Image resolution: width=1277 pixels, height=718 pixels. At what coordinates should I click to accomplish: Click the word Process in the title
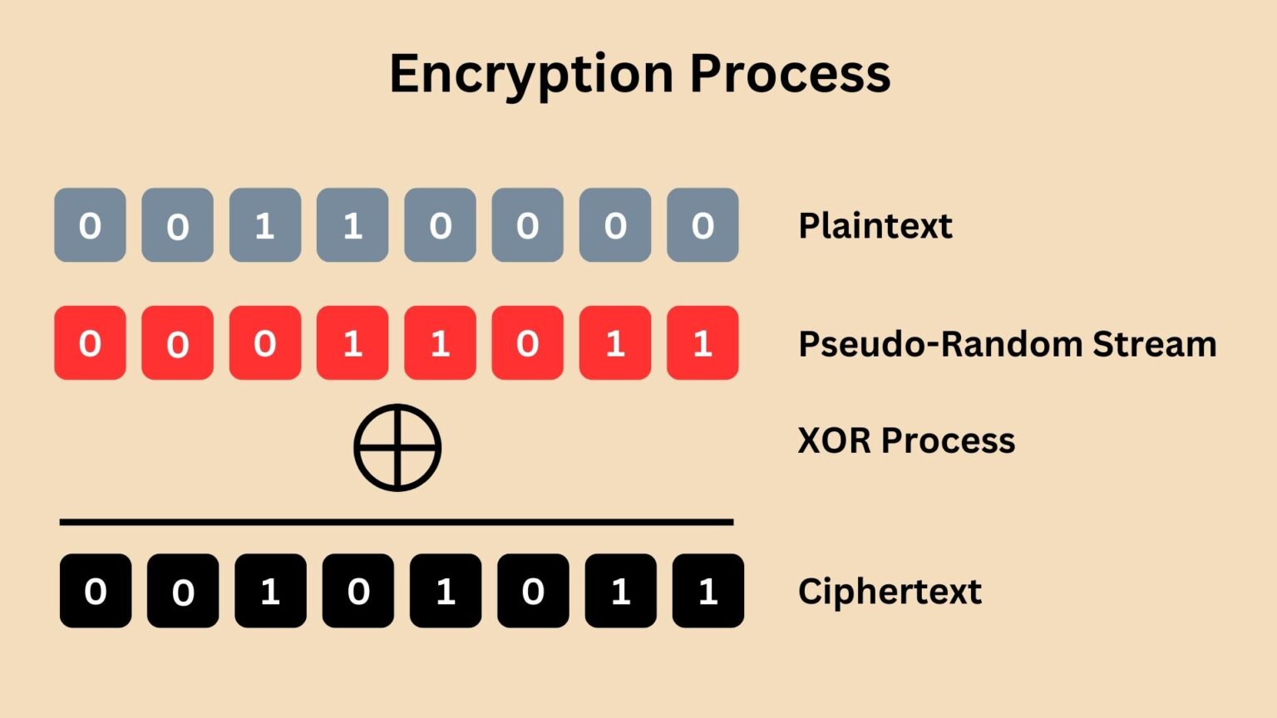(790, 75)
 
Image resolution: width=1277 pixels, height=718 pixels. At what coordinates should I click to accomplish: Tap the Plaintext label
(875, 226)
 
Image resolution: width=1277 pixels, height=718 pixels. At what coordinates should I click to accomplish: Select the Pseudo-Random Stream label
(1007, 344)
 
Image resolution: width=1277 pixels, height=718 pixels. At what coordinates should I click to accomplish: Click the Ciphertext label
(890, 592)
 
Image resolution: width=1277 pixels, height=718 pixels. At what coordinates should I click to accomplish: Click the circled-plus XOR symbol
(397, 447)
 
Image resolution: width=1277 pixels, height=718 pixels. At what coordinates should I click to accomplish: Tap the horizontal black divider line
(396, 522)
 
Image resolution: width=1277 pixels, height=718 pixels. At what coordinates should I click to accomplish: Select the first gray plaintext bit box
(90, 225)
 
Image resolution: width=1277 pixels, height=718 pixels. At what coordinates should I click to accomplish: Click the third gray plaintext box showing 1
(265, 225)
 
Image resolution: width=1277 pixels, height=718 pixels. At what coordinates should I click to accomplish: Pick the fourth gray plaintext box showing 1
(353, 225)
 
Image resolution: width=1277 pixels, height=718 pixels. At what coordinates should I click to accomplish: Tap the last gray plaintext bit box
(703, 225)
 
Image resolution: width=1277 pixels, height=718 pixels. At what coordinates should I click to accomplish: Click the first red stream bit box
(90, 343)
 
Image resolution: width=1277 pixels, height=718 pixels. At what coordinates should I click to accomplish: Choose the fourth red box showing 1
(353, 343)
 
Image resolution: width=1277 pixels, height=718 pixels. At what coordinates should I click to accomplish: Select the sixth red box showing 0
(527, 343)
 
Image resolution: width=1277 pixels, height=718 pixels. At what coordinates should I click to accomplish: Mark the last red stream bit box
(703, 343)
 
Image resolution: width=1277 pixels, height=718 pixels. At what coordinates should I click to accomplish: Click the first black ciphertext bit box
(96, 591)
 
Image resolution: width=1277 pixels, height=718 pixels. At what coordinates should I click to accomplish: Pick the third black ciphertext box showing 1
(270, 591)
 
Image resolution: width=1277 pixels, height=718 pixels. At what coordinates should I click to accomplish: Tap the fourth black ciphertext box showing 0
(358, 591)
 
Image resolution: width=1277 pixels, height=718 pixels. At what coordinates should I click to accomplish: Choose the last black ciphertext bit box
(708, 591)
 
